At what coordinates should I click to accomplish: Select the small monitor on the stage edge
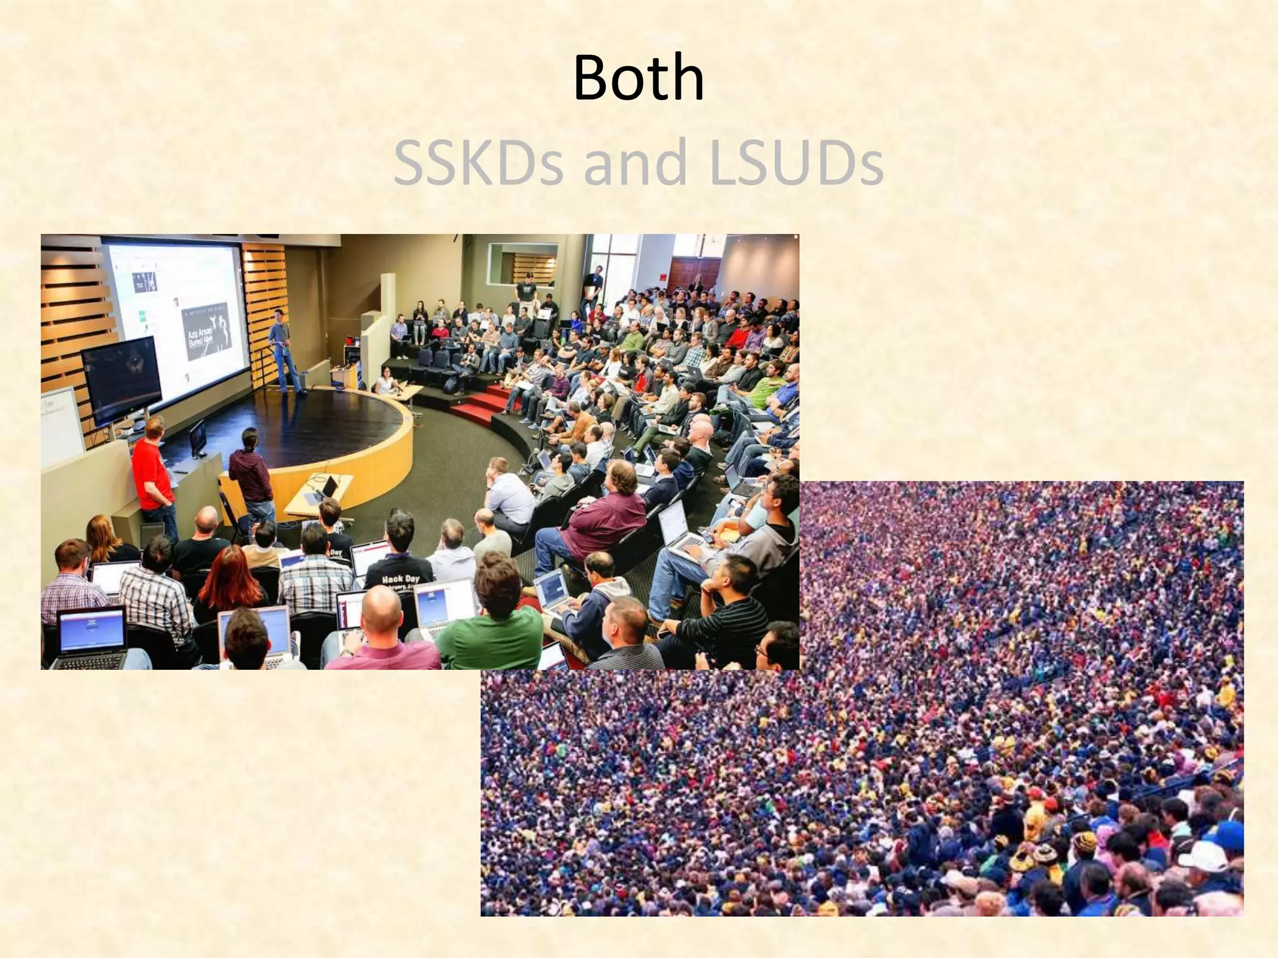coord(198,437)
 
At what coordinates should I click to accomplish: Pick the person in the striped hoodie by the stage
coord(252,474)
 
